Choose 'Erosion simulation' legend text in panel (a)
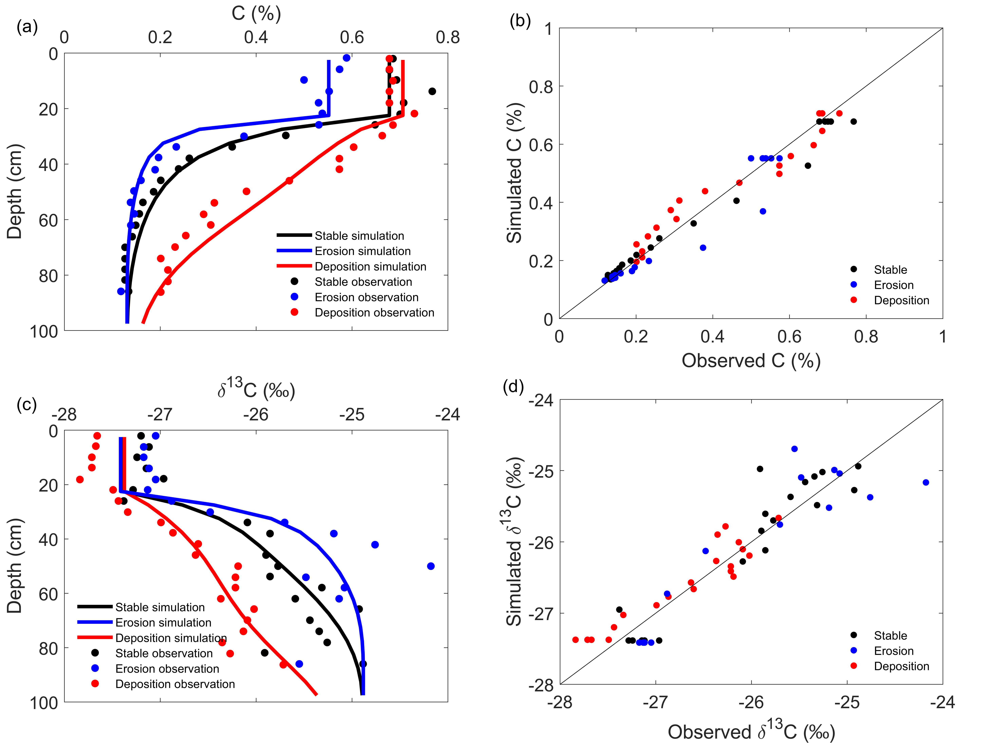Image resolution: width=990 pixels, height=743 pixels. click(362, 251)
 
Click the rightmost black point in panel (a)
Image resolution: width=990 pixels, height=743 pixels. click(432, 91)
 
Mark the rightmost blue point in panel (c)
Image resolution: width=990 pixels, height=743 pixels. click(431, 566)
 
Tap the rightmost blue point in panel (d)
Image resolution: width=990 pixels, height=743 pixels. click(926, 482)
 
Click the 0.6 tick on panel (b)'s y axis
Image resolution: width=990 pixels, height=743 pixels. click(541, 145)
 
